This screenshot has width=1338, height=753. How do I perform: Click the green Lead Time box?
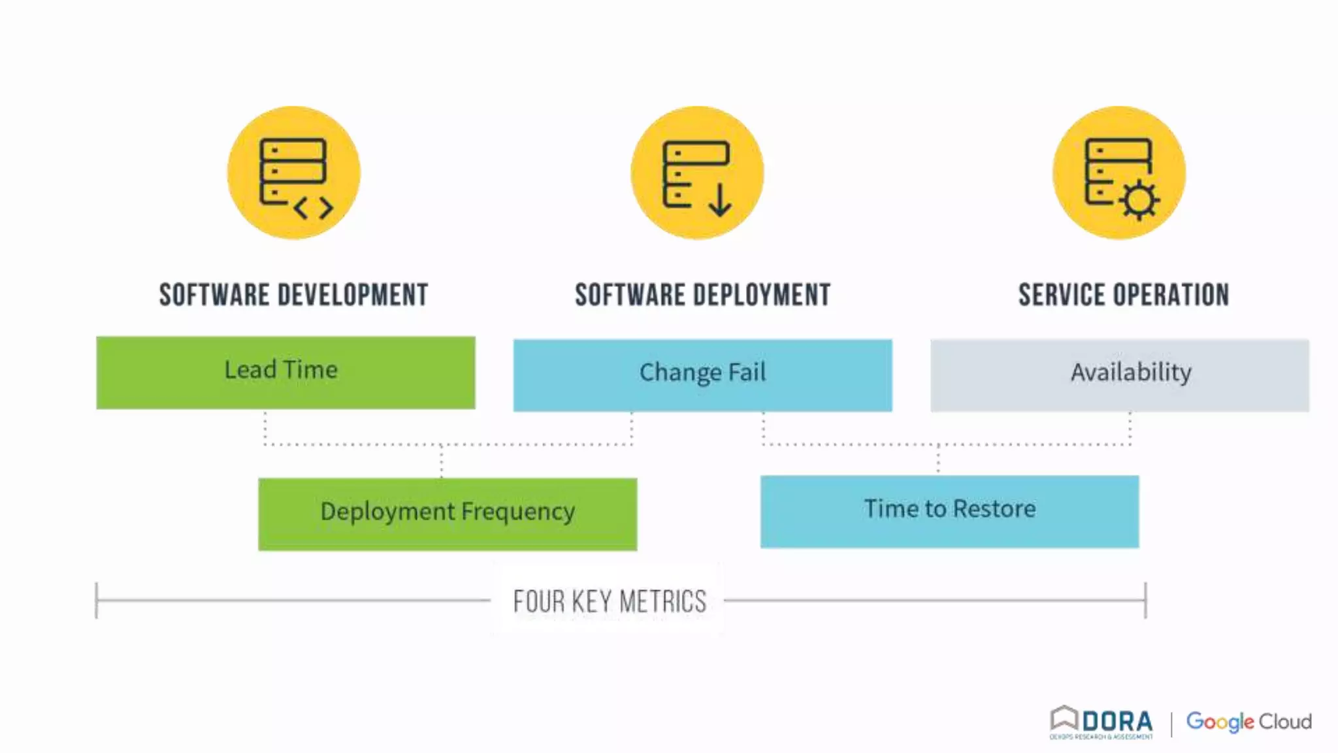tap(286, 373)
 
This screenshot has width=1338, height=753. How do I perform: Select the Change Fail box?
tap(702, 375)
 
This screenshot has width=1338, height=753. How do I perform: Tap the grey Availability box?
tap(1119, 375)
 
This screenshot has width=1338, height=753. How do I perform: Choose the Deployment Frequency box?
tap(448, 514)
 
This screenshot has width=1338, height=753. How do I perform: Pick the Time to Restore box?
tap(949, 511)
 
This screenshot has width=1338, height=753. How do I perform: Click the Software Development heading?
tap(293, 295)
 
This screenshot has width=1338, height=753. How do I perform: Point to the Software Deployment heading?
tap(702, 295)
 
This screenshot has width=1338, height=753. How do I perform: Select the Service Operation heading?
tap(1124, 295)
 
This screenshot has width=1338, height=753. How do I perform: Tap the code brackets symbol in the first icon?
tap(314, 209)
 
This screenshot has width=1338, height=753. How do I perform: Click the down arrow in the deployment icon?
tap(720, 200)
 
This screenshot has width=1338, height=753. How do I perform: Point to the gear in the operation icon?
tap(1140, 199)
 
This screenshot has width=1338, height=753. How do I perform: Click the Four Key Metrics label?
tap(610, 601)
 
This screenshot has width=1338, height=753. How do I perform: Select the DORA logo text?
tap(1117, 722)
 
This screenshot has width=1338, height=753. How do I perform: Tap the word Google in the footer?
tap(1220, 722)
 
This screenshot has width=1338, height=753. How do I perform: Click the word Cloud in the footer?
tap(1285, 722)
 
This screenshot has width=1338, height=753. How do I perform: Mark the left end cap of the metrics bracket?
tap(97, 600)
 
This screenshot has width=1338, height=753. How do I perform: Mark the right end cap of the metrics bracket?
tap(1145, 600)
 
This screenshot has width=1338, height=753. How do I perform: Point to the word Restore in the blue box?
tap(994, 509)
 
